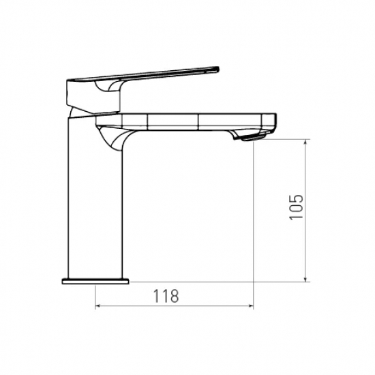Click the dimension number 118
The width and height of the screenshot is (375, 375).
(166, 296)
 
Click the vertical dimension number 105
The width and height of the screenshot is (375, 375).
(296, 207)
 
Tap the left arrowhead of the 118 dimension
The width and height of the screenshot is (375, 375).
(97, 305)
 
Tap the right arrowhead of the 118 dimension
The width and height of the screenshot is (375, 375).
(251, 305)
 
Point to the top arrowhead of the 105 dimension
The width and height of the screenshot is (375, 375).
(305, 142)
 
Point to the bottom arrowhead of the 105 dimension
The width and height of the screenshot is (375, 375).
(305, 279)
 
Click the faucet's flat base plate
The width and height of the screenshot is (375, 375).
(95, 281)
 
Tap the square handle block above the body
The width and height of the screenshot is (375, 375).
(93, 96)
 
